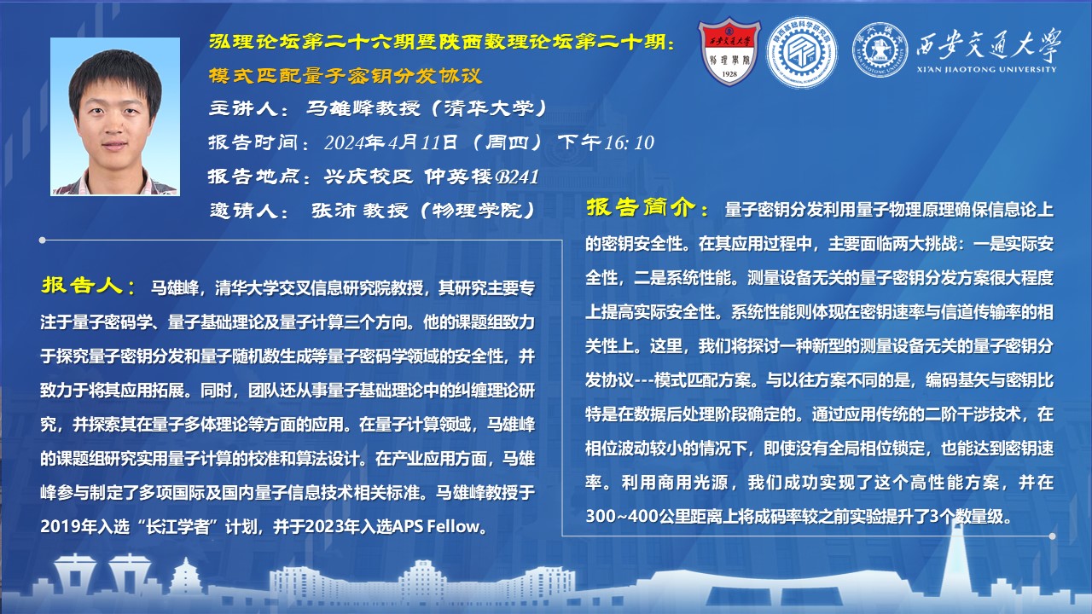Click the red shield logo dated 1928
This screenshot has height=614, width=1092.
(x=729, y=52)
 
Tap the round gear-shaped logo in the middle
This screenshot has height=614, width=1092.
(x=802, y=53)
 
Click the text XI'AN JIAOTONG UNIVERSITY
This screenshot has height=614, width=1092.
(x=986, y=70)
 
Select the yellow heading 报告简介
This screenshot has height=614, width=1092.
(x=642, y=207)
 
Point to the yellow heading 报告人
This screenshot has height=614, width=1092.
(x=83, y=285)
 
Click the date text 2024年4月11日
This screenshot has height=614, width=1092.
(x=391, y=142)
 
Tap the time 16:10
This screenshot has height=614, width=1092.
(x=630, y=142)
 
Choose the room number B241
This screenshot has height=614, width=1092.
(x=517, y=177)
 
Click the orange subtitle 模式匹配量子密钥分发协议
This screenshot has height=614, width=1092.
(x=346, y=76)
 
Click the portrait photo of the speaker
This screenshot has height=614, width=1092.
(x=115, y=117)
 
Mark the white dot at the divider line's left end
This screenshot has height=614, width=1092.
(x=43, y=240)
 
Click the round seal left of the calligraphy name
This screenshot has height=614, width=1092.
(x=880, y=50)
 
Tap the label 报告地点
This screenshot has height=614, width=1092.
(x=253, y=177)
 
